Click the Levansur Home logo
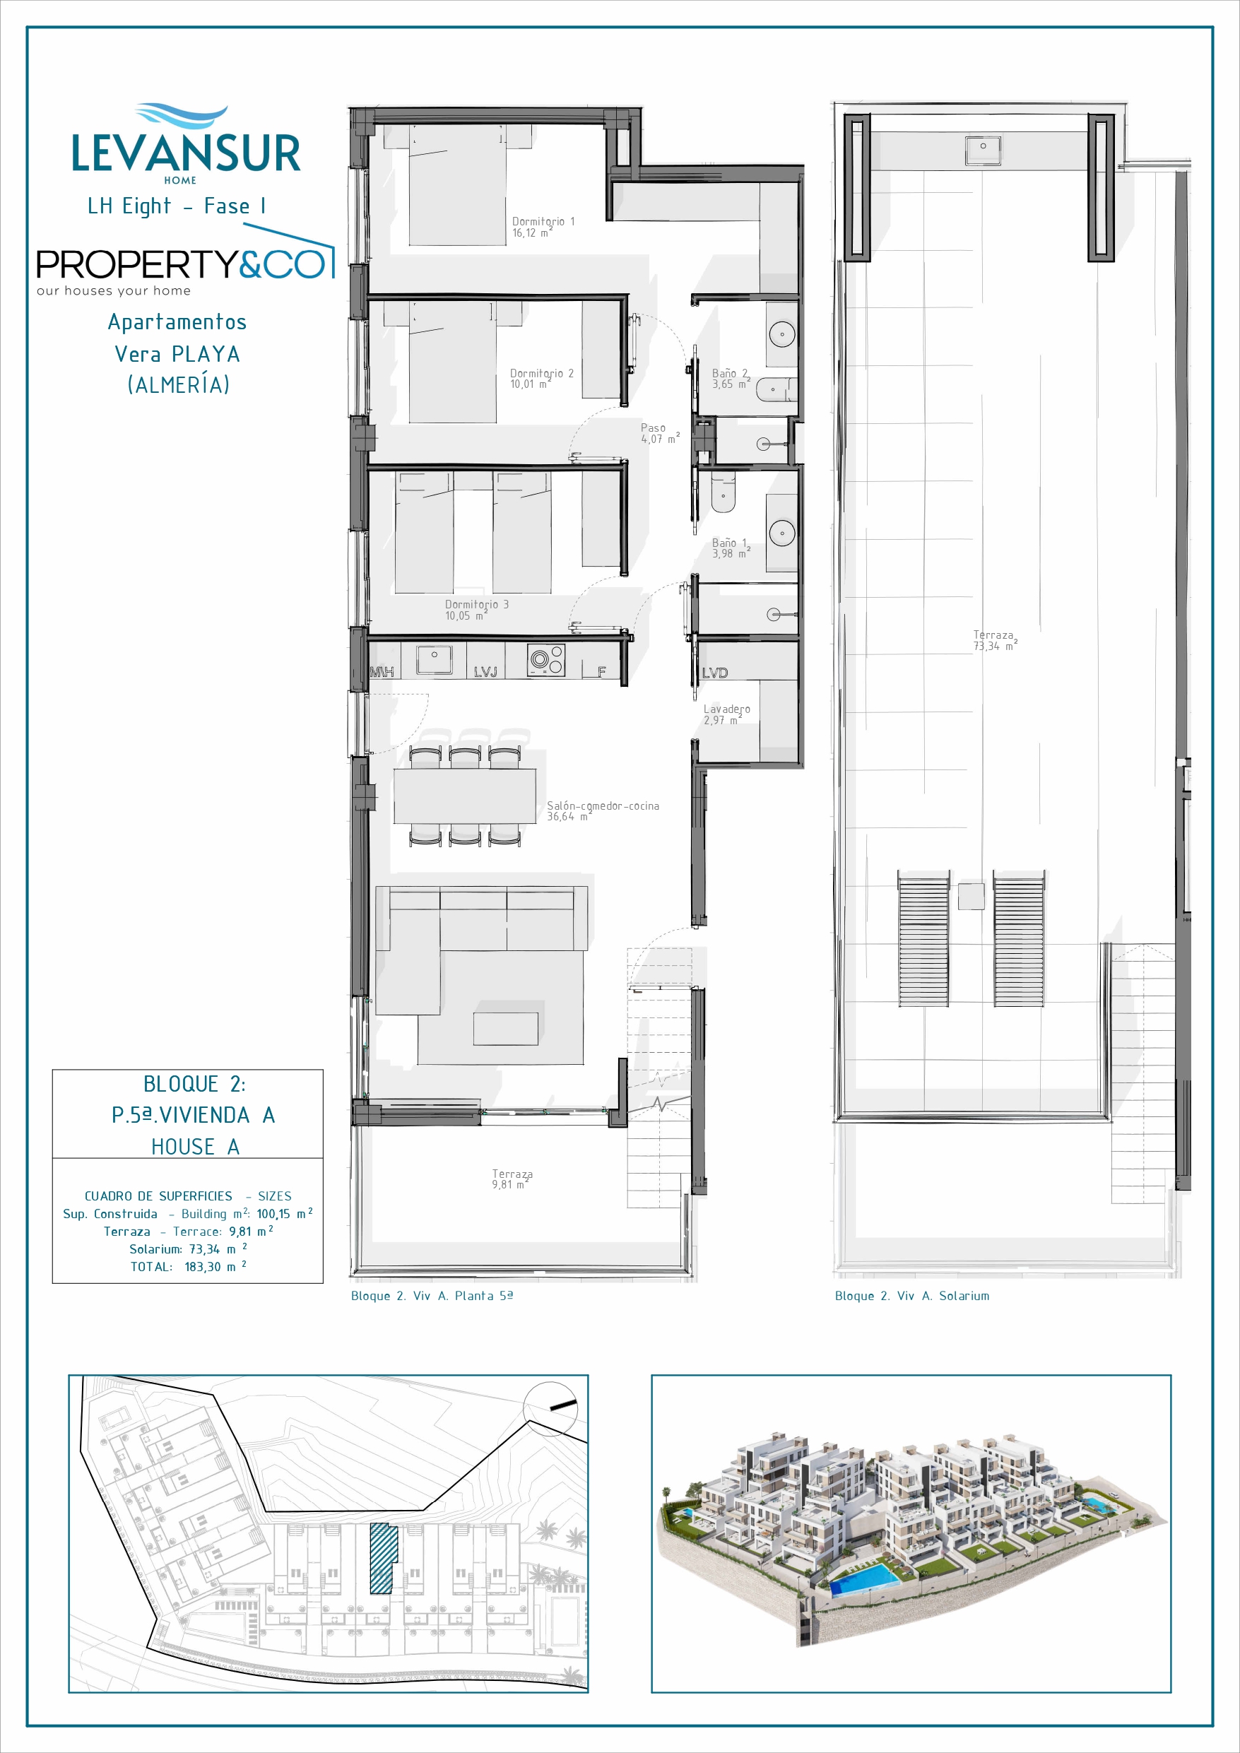click(187, 145)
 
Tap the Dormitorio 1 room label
click(543, 227)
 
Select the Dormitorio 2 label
click(541, 379)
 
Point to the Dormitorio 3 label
click(476, 610)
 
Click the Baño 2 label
click(731, 379)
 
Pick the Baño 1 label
click(731, 548)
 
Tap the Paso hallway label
click(660, 434)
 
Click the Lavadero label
click(726, 714)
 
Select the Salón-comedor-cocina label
click(603, 811)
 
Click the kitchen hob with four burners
click(546, 660)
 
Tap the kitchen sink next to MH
click(434, 660)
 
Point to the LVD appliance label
click(715, 673)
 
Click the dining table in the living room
click(464, 796)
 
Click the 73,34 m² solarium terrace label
click(995, 641)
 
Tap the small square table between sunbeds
click(972, 896)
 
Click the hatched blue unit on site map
click(383, 1558)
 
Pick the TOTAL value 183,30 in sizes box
click(202, 1267)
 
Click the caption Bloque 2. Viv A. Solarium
click(911, 1296)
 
